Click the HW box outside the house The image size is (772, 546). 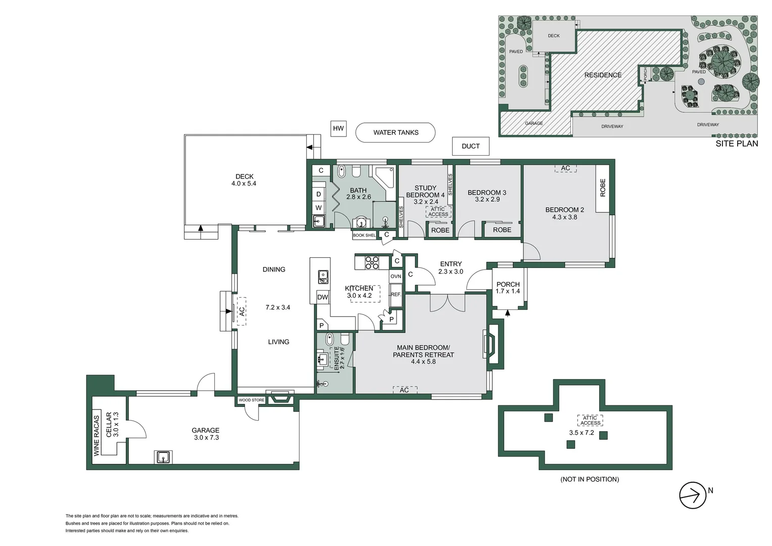tap(338, 128)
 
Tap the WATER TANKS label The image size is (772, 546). tap(396, 132)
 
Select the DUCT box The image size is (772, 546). tap(470, 146)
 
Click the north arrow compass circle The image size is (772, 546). tap(692, 495)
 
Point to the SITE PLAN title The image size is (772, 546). tap(736, 144)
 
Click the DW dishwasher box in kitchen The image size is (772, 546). tap(322, 297)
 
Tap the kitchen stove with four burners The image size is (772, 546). tap(372, 262)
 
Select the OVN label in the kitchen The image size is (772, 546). tap(396, 276)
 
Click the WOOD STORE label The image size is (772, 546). tap(251, 400)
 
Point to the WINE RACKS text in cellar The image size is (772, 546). tap(97, 436)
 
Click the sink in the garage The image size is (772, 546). tap(163, 457)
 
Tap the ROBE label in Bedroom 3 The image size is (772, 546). tap(502, 230)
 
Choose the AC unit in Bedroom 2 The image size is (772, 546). tap(565, 168)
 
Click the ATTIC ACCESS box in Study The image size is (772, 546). tap(438, 212)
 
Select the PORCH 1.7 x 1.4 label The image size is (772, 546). tap(508, 288)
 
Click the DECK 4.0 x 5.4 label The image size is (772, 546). tap(244, 180)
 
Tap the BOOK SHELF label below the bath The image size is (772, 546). tap(364, 235)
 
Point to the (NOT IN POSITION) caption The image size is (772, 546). tap(589, 479)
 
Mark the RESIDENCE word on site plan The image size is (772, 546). tap(603, 75)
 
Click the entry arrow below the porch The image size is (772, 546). tap(508, 313)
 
